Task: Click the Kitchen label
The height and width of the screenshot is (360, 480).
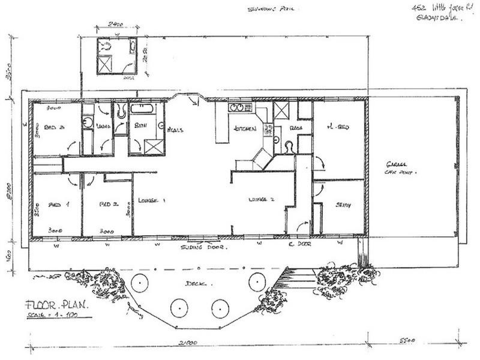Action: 245,129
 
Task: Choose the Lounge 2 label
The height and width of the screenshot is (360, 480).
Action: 262,199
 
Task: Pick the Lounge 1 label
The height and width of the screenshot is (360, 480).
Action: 151,200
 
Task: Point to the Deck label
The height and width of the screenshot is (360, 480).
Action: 192,282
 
